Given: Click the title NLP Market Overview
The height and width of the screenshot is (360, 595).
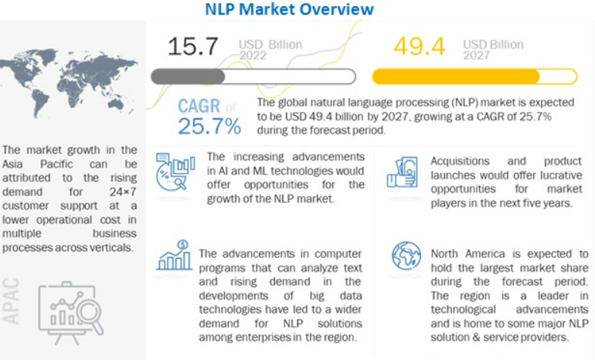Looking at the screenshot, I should click(x=289, y=9).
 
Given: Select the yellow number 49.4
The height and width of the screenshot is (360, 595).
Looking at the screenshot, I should click(x=419, y=47).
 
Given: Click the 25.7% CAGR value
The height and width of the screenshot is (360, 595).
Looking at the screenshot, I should click(x=209, y=125).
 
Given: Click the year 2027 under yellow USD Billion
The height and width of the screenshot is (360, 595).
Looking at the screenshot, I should click(x=477, y=56).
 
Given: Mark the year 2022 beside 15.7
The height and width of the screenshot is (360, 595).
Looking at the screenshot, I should click(x=252, y=56).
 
